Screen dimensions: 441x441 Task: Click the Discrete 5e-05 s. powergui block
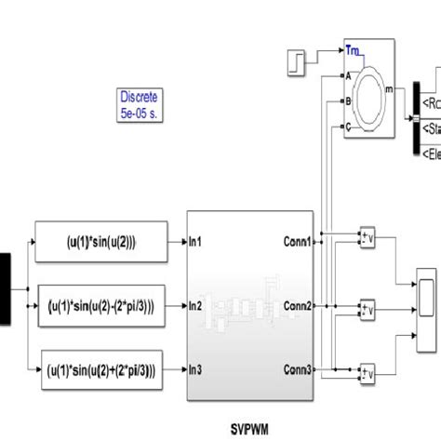coord(139,105)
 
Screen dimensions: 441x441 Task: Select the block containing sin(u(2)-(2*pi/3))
coord(100,304)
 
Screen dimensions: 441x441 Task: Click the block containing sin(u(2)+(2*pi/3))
coord(100,369)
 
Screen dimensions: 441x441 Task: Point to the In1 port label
coord(196,242)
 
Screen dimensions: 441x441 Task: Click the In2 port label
coord(196,305)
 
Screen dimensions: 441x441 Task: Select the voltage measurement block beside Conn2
coord(367,308)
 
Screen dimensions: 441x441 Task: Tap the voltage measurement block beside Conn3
coord(367,374)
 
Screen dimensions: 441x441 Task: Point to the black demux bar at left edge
coord(5,289)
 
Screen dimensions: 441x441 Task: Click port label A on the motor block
coord(348,75)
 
